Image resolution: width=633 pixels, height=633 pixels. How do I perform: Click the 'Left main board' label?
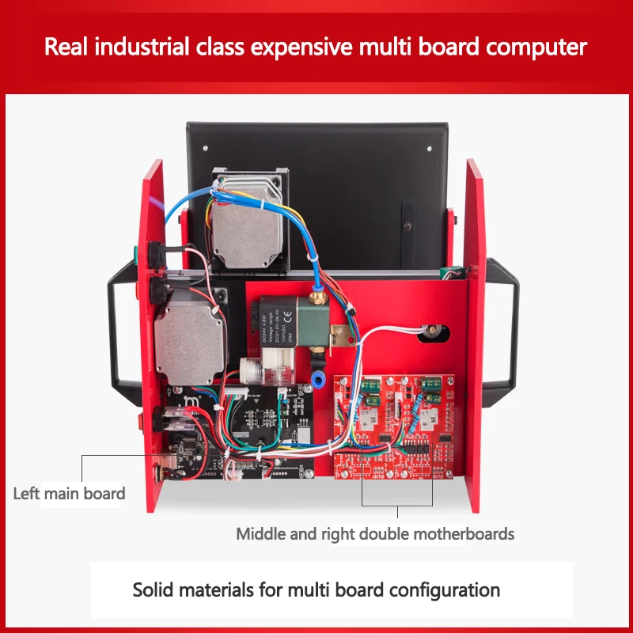(69, 494)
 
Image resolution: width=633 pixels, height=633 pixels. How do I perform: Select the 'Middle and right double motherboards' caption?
(375, 534)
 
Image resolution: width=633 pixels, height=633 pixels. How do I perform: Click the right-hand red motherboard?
(423, 423)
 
